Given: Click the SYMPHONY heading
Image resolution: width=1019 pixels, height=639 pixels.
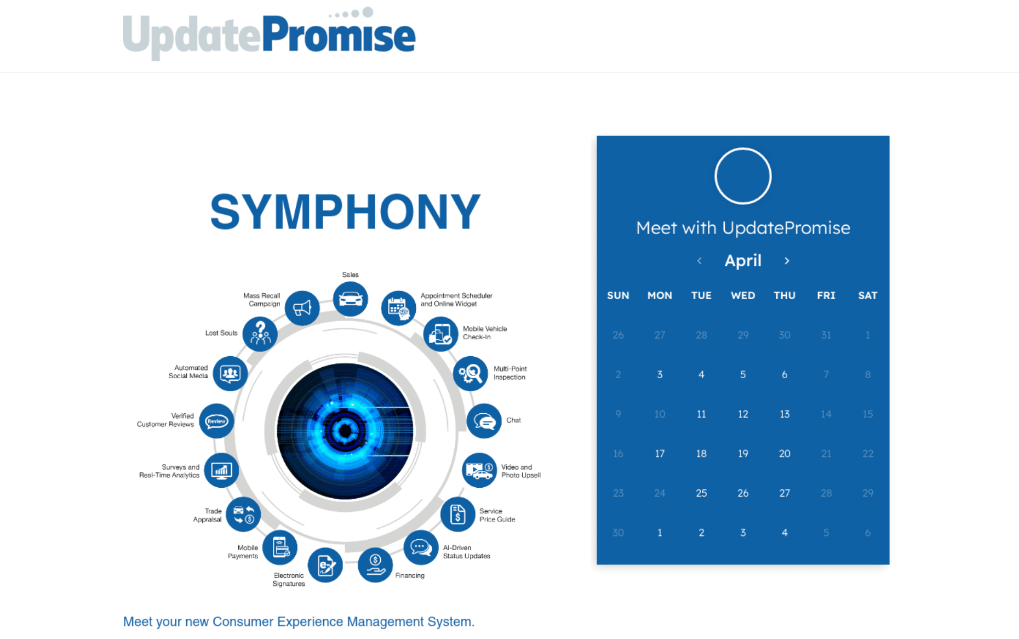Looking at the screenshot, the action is [345, 212].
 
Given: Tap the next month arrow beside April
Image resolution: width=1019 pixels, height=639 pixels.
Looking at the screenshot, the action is [787, 261].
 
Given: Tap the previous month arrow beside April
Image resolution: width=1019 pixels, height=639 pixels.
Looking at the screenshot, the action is [700, 261].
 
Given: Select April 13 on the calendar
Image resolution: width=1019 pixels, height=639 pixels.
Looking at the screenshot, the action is [785, 414].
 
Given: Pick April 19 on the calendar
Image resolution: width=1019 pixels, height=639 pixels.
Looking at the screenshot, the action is [743, 454].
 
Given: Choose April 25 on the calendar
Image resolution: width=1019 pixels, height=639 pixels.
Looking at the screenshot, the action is [701, 493].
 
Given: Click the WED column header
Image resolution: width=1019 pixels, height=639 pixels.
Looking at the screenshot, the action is [743, 295].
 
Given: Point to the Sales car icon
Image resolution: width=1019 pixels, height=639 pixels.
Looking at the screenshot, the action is [351, 299].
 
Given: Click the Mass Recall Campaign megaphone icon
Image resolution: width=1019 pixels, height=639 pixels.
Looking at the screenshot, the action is [302, 308].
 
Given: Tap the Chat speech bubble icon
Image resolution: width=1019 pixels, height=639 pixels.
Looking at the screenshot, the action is [484, 421].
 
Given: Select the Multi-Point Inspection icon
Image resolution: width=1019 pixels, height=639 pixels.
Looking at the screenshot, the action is [471, 374].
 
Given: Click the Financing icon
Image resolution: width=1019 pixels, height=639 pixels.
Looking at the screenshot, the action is [375, 565].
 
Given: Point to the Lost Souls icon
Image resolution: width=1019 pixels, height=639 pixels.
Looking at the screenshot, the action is [260, 334].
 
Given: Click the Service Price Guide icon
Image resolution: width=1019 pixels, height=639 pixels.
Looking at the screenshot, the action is [458, 515].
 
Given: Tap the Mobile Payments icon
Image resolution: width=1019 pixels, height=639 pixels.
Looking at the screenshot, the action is [280, 547].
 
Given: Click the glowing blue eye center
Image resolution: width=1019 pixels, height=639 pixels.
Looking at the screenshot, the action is [345, 431].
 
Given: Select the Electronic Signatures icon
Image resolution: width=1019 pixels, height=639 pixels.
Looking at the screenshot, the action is [325, 565].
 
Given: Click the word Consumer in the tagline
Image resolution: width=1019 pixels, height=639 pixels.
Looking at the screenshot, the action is [243, 621].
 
